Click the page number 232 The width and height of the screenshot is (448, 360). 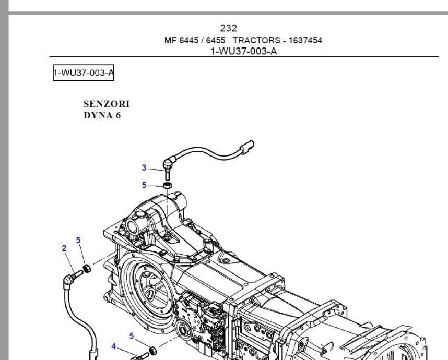[x=229, y=28]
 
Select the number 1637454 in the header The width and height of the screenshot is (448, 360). [x=305, y=40]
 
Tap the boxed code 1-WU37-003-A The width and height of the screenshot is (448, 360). [x=84, y=73]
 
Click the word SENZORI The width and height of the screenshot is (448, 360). [x=107, y=104]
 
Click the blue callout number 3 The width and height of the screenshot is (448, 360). [x=144, y=167]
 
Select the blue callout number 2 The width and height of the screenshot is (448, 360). [x=64, y=248]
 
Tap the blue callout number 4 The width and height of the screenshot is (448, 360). [x=114, y=346]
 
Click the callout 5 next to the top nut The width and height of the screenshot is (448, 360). [x=144, y=185]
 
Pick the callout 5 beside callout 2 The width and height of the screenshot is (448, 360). [x=78, y=240]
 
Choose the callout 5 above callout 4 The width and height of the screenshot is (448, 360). [x=132, y=336]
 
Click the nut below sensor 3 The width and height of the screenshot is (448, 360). [x=168, y=185]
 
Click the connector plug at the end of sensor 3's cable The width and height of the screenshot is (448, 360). [x=247, y=147]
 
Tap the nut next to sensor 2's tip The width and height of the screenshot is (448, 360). [x=87, y=268]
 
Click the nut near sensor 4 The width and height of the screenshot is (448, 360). [x=153, y=350]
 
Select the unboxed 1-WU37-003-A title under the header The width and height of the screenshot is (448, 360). [x=244, y=51]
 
